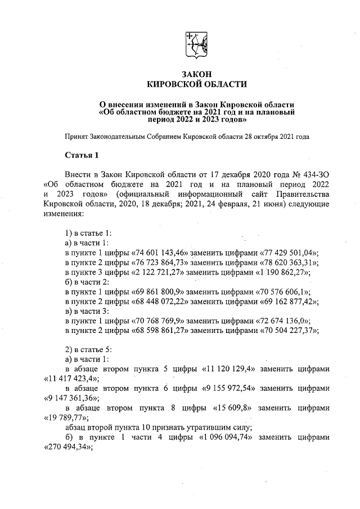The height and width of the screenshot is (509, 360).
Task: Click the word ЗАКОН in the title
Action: [x=196, y=74]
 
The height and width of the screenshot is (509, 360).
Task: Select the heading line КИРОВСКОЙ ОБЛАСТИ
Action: [x=196, y=84]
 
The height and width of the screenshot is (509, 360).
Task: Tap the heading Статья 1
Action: [x=82, y=155]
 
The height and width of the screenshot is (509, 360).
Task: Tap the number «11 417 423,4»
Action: [x=71, y=379]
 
